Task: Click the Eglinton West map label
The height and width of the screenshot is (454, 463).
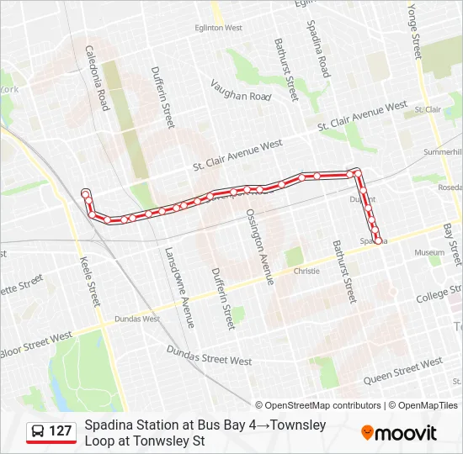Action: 219,28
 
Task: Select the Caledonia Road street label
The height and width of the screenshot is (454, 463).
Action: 97,78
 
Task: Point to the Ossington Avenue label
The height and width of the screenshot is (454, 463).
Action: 259,243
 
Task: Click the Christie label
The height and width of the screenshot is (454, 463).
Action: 306,272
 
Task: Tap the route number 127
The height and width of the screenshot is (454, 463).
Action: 61,431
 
